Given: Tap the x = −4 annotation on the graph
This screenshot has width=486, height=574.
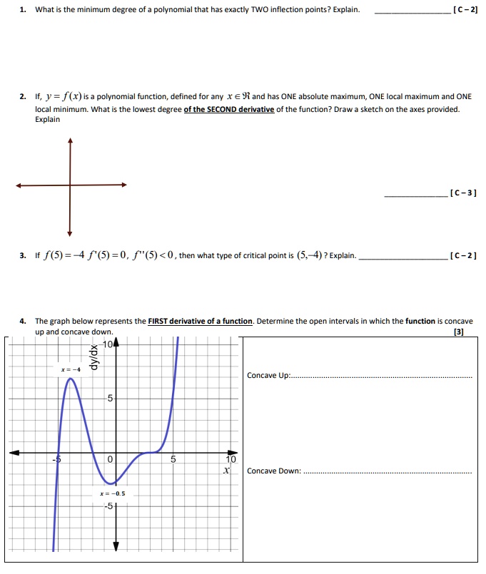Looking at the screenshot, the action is pyautogui.click(x=71, y=369).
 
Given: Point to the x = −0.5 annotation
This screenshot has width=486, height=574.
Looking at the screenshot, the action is pyautogui.click(x=113, y=493).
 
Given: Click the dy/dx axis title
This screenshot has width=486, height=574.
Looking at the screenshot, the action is pyautogui.click(x=91, y=359).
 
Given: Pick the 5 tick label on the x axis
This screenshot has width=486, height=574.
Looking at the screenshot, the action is pyautogui.click(x=173, y=460).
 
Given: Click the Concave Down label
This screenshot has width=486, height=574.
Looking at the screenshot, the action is pyautogui.click(x=274, y=471).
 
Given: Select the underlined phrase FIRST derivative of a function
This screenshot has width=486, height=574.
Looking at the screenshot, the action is pyautogui.click(x=200, y=321).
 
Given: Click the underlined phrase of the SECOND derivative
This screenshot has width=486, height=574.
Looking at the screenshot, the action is pyautogui.click(x=229, y=109).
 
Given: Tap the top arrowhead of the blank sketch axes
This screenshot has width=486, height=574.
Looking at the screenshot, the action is pyautogui.click(x=70, y=140).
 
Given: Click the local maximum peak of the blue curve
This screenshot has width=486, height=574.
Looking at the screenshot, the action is pyautogui.click(x=71, y=379).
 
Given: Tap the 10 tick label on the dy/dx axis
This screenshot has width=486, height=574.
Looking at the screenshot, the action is pyautogui.click(x=108, y=346).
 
